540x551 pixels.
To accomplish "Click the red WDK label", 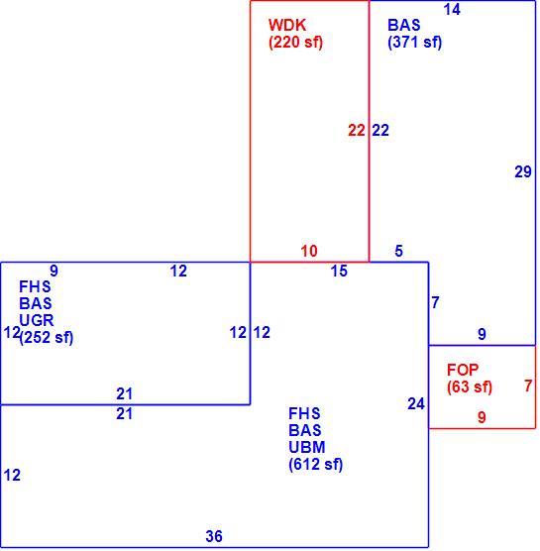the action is (287, 26).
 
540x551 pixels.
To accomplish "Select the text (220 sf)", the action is (295, 43).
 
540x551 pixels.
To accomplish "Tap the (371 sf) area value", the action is (414, 43).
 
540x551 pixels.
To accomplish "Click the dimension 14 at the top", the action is (452, 10).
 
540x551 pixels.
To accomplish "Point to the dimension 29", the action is (523, 171).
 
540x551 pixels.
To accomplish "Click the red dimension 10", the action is (309, 252).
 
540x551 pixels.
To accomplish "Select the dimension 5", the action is (398, 251).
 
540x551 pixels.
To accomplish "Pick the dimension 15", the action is (339, 271).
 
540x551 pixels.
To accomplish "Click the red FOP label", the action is (463, 370).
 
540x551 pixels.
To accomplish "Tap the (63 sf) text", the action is (470, 386).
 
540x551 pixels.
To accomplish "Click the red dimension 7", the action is (528, 386).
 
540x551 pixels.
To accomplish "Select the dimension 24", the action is (416, 403).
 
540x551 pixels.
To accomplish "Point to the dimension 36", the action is (214, 536).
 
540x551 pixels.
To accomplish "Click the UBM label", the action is (307, 447).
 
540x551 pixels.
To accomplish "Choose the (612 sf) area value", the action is (315, 465).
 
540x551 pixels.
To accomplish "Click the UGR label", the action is (37, 320).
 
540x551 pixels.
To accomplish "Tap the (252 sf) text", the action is (47, 338).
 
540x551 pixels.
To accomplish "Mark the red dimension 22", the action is (357, 131).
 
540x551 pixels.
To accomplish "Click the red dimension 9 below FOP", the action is (482, 417).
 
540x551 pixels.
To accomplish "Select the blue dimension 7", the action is (436, 302).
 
